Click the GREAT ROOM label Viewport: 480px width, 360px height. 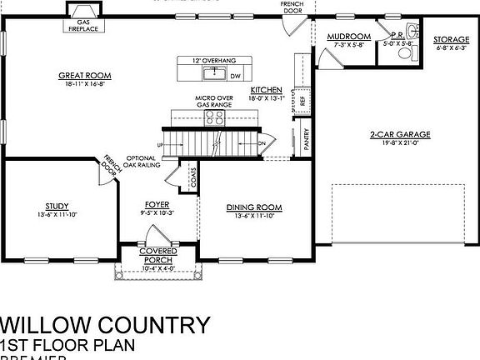85,76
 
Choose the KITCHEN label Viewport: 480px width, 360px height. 267,89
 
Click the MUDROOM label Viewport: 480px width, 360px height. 348,37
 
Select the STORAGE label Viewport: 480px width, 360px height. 452,39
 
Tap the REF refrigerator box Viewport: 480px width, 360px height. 302,100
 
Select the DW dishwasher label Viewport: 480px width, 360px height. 235,75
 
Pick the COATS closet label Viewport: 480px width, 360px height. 192,176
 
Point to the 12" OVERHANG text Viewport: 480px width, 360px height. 210,61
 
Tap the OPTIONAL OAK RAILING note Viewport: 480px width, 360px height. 142,162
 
